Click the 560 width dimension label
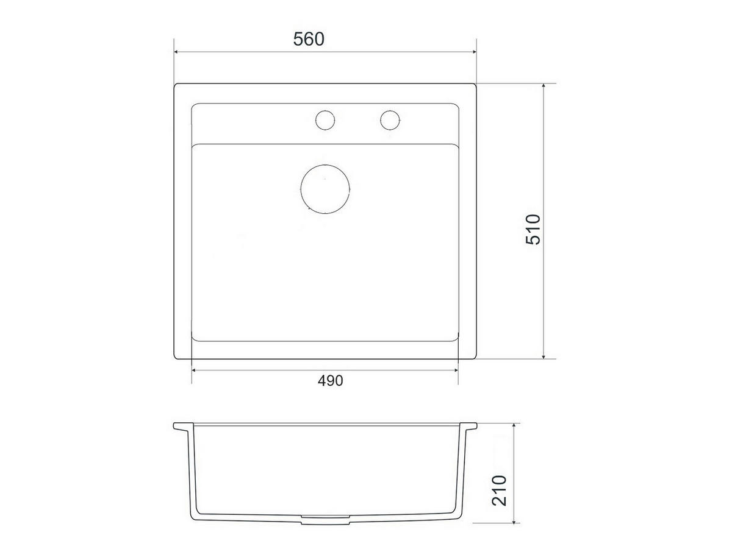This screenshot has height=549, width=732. click(x=309, y=40)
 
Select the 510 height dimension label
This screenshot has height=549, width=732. click(x=533, y=230)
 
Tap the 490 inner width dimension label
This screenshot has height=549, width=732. click(x=330, y=381)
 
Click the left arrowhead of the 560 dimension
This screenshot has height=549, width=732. click(x=176, y=52)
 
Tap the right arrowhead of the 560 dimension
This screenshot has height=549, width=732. click(x=474, y=52)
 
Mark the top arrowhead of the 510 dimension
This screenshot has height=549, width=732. click(x=544, y=86)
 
